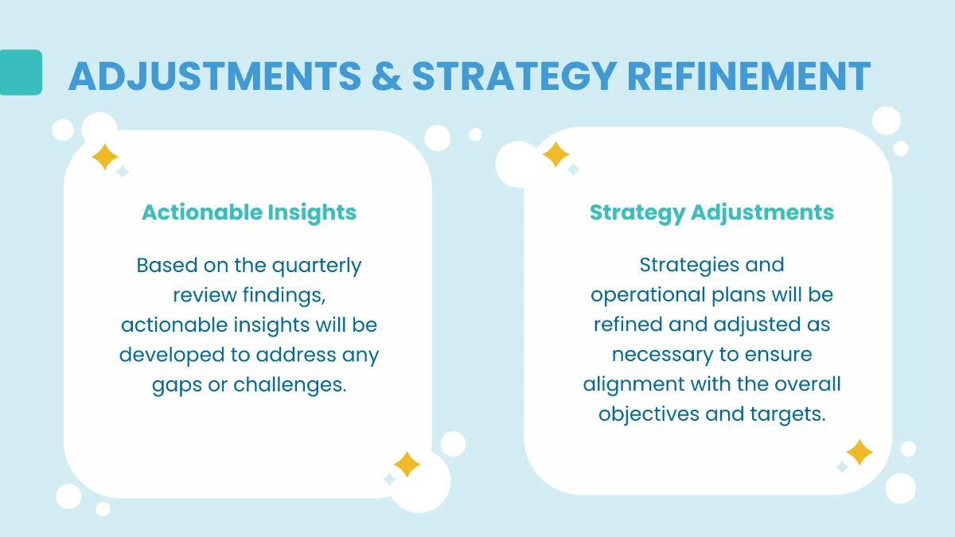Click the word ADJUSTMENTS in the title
[x=215, y=76]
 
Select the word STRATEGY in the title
[x=513, y=76]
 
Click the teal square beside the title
[x=21, y=72]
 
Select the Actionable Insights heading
[x=249, y=212]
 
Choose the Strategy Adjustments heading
[x=711, y=212]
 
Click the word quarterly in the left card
[x=317, y=265]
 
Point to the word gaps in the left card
[x=175, y=386]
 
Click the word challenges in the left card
[x=291, y=385]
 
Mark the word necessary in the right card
[x=661, y=355]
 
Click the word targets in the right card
[x=788, y=414]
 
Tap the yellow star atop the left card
[x=104, y=157]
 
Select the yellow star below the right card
[x=859, y=453]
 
